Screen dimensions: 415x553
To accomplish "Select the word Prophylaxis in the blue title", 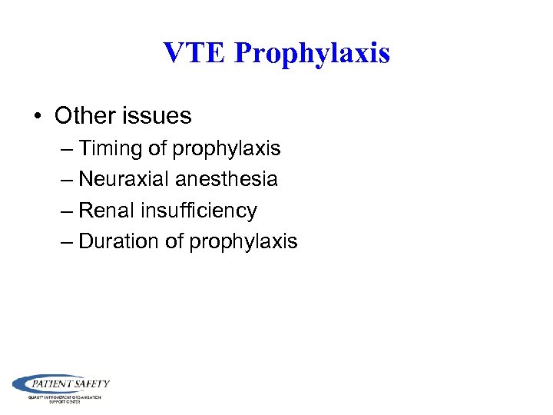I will [x=312, y=54].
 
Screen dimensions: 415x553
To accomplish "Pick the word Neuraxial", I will [x=124, y=179].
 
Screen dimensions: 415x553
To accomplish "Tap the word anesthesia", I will [x=227, y=179].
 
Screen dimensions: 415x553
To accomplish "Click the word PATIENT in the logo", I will [x=53, y=383].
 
